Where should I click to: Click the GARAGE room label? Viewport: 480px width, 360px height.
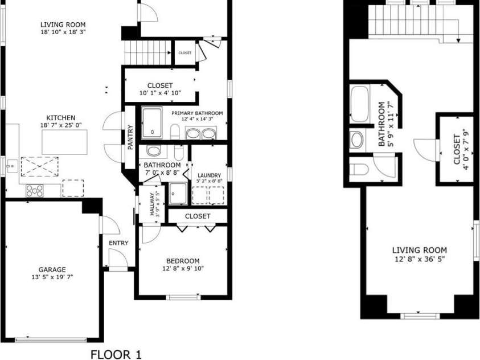[52, 269]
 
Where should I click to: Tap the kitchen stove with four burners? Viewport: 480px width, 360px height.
[35, 191]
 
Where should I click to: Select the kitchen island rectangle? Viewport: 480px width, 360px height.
[64, 142]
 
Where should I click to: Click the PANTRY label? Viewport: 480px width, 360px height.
[130, 137]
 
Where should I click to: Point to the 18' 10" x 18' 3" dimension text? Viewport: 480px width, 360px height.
[63, 32]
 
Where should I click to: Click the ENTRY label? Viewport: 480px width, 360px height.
[118, 243]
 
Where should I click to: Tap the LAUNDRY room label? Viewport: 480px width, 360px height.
[210, 175]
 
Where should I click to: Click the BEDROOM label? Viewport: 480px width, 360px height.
[183, 261]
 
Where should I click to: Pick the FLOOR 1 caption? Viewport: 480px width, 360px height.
[116, 354]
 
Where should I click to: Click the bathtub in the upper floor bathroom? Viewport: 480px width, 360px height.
[359, 104]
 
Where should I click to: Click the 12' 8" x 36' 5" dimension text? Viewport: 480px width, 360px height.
[420, 259]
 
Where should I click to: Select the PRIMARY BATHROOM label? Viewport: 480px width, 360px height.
[197, 113]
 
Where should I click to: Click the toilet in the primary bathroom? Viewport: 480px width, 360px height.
[175, 132]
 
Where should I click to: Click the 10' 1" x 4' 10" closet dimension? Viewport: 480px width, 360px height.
[160, 93]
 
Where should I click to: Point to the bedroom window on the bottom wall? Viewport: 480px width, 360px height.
[183, 297]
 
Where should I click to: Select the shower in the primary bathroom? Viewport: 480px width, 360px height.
[152, 123]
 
